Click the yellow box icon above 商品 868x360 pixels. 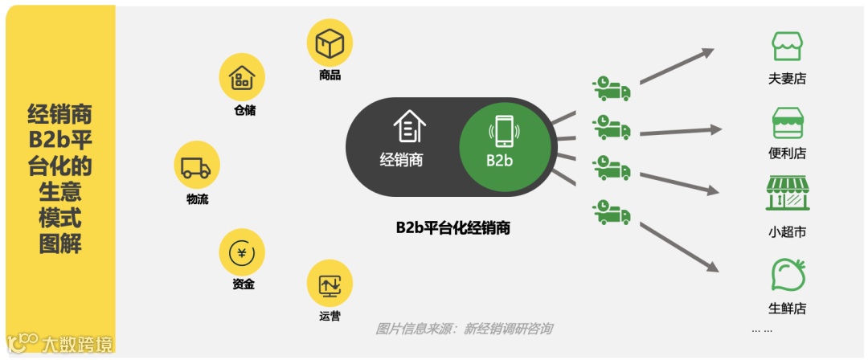[x=330, y=43]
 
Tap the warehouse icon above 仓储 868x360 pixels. [x=242, y=77]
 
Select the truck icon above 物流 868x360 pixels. [x=197, y=165]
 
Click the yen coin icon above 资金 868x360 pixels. [x=242, y=252]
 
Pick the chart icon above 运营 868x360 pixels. [x=330, y=283]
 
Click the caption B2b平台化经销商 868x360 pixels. [x=452, y=228]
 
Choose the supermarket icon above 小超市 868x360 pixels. [x=787, y=194]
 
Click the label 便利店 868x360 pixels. [x=787, y=153]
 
